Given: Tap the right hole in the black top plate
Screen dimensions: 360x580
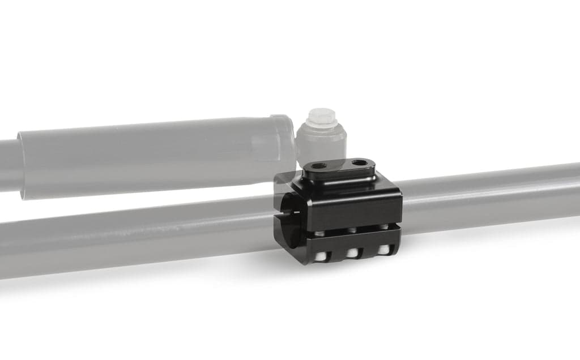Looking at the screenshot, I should (359, 164).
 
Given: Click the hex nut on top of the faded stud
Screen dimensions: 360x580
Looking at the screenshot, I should (321, 117).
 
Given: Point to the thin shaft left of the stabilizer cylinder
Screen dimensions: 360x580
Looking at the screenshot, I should (8, 164).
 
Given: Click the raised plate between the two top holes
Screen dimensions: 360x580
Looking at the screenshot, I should (340, 167).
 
